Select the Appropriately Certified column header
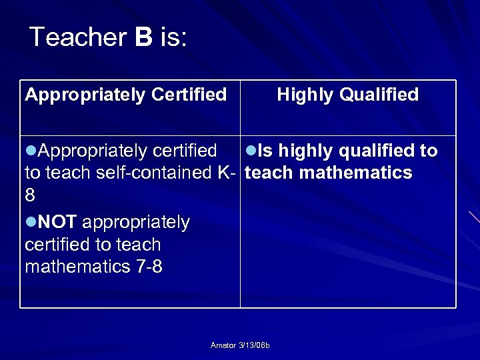125,95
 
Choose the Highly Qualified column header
347,95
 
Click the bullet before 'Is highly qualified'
251,151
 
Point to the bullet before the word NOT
30,222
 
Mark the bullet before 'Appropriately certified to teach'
30,151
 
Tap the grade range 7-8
149,267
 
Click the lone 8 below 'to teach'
30,195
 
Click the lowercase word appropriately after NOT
136,222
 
